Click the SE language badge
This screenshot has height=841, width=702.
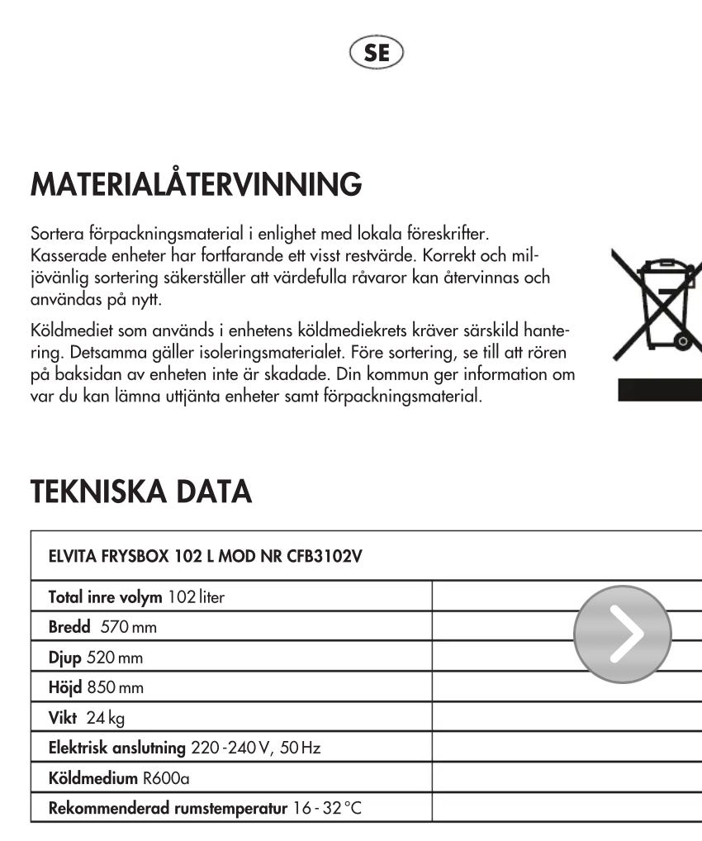point(377,53)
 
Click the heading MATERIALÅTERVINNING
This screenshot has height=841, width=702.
point(196,184)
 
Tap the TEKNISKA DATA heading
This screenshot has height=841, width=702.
point(140,492)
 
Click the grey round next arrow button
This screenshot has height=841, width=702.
point(622,634)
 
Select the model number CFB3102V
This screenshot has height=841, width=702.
point(325,555)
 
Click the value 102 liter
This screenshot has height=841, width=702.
point(196,596)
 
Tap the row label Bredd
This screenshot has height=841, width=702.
point(69,627)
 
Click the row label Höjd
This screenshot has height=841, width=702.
point(66,687)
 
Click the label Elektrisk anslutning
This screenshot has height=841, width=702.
point(117,748)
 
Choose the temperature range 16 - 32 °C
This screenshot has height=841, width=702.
point(327,808)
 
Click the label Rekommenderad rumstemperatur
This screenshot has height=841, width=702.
point(168,808)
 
